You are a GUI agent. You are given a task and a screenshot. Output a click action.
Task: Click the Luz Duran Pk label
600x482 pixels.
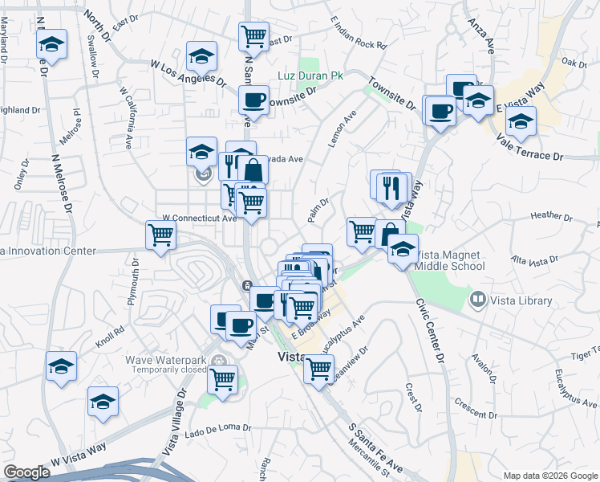(x=310, y=76)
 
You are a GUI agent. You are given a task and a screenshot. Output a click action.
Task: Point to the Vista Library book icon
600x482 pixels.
(x=478, y=300)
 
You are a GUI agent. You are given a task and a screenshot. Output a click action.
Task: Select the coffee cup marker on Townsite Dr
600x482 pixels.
(x=253, y=100)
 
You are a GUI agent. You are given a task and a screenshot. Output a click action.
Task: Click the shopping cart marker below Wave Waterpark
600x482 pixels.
(x=222, y=378)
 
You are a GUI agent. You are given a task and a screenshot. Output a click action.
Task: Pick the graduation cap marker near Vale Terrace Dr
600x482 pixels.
(x=521, y=122)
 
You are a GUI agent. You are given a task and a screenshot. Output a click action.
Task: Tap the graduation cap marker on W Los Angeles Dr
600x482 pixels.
(x=201, y=56)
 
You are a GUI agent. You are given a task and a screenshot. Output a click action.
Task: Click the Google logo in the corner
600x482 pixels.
(x=26, y=472)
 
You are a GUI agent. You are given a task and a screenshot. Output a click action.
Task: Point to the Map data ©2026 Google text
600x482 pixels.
(x=549, y=476)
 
